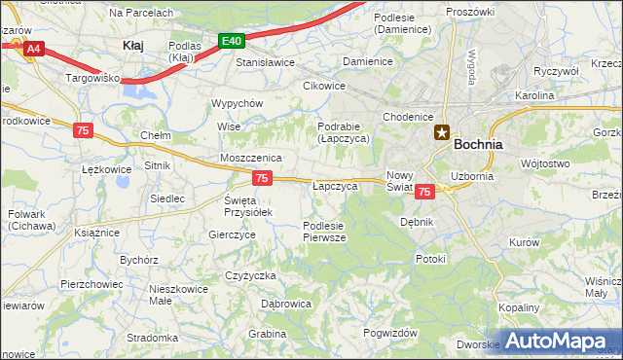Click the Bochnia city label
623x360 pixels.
[x=478, y=143]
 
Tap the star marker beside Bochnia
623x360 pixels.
[x=441, y=134]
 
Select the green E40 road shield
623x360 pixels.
[x=232, y=41]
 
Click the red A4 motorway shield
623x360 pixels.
[x=33, y=48]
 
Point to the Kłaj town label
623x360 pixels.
[x=133, y=45]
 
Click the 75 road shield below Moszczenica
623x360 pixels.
[x=261, y=178]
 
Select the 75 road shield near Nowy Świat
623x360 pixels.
[x=423, y=193]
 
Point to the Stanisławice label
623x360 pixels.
[x=266, y=62]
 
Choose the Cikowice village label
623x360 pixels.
[x=324, y=85]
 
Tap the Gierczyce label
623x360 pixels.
[x=233, y=234]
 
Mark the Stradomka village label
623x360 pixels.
[x=151, y=338]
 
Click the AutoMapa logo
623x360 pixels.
[x=559, y=342]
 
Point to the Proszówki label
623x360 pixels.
[x=470, y=11]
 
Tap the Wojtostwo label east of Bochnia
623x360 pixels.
[x=545, y=163]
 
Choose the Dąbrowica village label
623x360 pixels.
[x=286, y=304]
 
